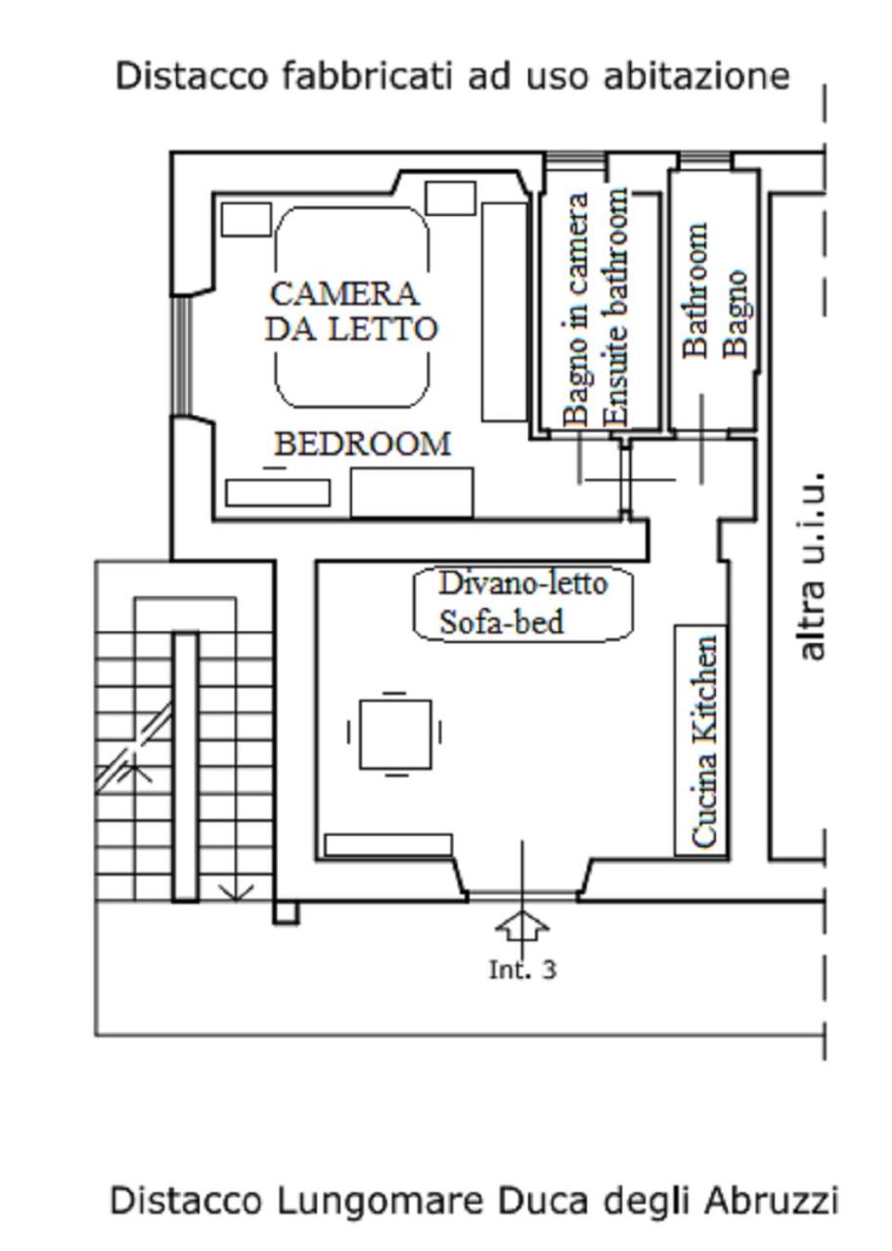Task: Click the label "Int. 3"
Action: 522,970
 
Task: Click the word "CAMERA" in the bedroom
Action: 344,293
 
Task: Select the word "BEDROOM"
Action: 363,445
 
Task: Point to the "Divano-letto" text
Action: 523,583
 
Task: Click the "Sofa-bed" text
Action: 502,622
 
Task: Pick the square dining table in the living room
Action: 395,733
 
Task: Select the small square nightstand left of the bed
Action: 245,219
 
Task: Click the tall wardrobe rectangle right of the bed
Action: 505,311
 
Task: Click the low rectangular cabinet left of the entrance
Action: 388,844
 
